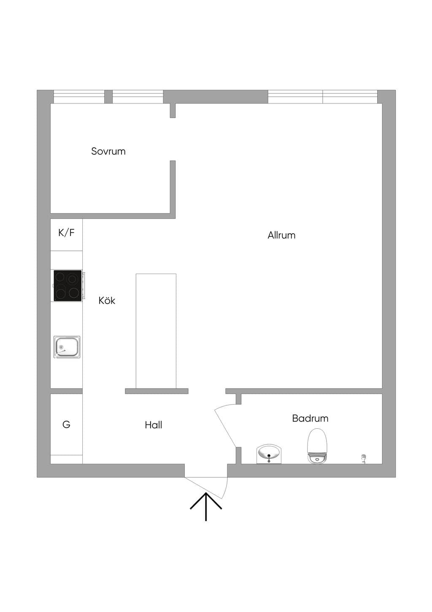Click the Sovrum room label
coord(108,151)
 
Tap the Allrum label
coord(281,235)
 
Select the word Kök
coord(107,301)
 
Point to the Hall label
coord(154,425)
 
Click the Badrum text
coord(310,418)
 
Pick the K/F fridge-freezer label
coord(66,233)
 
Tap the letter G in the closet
coord(66,424)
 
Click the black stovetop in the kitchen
coord(67,286)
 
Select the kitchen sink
coord(67,347)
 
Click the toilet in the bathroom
coord(317,446)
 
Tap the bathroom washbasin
coord(269,454)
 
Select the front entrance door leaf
coord(205,488)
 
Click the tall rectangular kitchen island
coord(156,331)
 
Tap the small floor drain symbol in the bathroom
coord(363,458)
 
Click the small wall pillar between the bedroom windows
coord(108,97)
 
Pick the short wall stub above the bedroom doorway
coord(173,111)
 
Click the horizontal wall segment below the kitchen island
coord(157,391)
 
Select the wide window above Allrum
coord(323,97)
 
